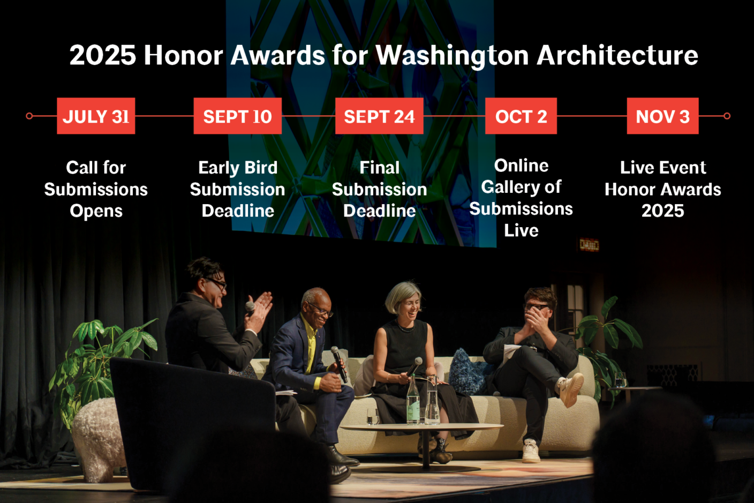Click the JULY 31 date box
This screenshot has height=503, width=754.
point(96,116)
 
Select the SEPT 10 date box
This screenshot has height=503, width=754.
point(237,116)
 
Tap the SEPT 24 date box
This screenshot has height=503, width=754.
point(379,116)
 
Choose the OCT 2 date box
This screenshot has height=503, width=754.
point(521,116)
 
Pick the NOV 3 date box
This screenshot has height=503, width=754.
point(662,116)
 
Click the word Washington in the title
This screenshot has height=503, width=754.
point(452,56)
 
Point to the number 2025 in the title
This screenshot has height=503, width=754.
point(102,56)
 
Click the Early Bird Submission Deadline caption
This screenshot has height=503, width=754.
point(237,189)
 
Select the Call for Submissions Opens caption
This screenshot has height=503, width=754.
point(96,189)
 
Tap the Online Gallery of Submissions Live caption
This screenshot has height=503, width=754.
point(521,198)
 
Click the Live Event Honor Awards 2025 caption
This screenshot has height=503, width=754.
point(662,189)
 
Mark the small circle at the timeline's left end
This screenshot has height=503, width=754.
point(29,116)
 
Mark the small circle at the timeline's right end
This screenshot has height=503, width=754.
point(727,116)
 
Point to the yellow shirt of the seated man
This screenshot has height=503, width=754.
point(311,348)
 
